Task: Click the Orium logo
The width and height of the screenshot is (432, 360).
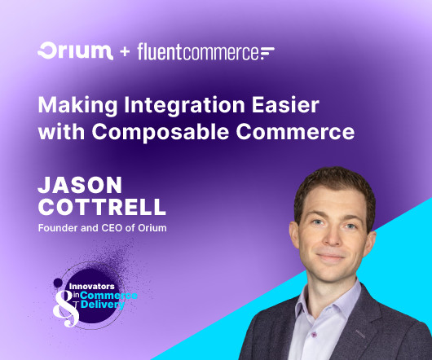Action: point(75,51)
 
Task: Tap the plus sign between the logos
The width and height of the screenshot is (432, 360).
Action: point(125,52)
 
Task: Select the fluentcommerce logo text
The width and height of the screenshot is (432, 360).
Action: point(198,52)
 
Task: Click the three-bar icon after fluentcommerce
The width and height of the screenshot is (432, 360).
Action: point(267,53)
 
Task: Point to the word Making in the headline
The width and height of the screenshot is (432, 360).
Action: point(77,106)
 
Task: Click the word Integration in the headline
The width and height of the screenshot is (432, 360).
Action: point(184,106)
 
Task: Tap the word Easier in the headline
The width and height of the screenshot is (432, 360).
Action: point(286,105)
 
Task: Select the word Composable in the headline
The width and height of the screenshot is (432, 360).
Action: point(161,133)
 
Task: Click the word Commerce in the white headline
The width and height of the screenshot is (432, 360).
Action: point(295,132)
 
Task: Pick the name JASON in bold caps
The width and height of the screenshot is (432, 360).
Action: point(80,185)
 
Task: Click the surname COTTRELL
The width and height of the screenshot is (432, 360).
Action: point(102,207)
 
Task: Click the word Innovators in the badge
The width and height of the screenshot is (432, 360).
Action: point(92,286)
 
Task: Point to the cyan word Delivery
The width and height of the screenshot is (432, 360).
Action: point(103,305)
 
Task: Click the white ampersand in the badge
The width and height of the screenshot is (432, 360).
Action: point(66,309)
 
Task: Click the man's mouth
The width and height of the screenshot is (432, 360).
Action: point(331,257)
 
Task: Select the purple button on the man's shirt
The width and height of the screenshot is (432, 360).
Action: point(313,335)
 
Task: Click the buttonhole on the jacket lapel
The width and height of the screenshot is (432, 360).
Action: point(360,334)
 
